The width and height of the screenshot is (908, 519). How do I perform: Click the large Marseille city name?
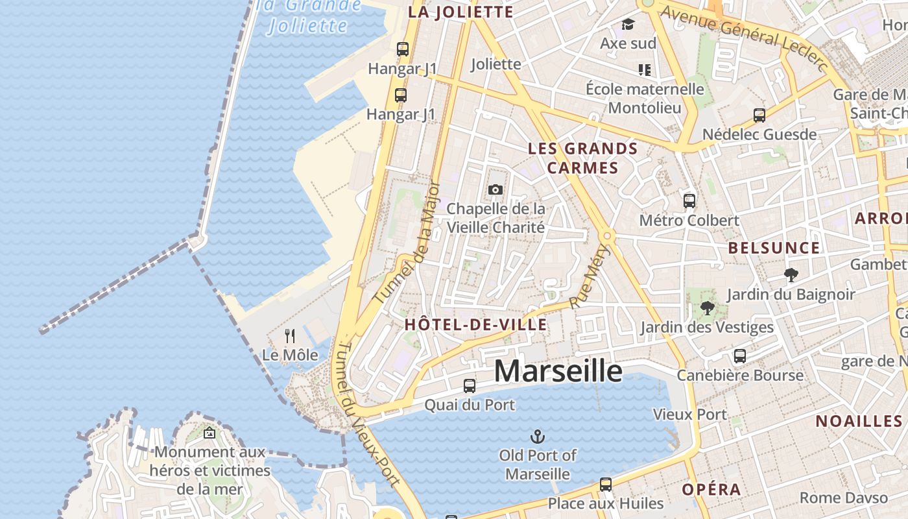(558, 370)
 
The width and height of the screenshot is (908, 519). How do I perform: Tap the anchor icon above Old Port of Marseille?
(538, 436)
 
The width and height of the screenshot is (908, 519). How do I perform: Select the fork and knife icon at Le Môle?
(290, 336)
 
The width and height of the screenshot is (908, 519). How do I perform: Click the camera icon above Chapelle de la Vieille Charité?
(496, 189)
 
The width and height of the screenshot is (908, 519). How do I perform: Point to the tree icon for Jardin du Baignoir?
(791, 275)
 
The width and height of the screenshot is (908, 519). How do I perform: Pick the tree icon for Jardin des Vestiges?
(707, 308)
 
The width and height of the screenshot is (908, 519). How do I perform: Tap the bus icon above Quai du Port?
(470, 386)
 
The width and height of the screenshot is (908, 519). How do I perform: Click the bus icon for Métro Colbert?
(689, 201)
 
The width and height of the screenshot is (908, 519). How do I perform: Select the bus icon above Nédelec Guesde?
(759, 115)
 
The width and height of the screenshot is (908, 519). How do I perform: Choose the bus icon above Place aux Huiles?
(606, 485)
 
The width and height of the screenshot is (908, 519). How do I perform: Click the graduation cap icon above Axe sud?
(628, 25)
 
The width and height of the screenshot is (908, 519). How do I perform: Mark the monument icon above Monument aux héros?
(209, 433)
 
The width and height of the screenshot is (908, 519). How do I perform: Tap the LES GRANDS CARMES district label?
(582, 158)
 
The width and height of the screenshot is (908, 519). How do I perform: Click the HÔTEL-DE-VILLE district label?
(475, 324)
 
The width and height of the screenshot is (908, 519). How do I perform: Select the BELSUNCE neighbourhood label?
(774, 248)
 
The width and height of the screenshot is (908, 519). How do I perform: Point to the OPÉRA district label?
(711, 489)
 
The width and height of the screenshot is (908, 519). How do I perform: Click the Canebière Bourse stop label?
(740, 375)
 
